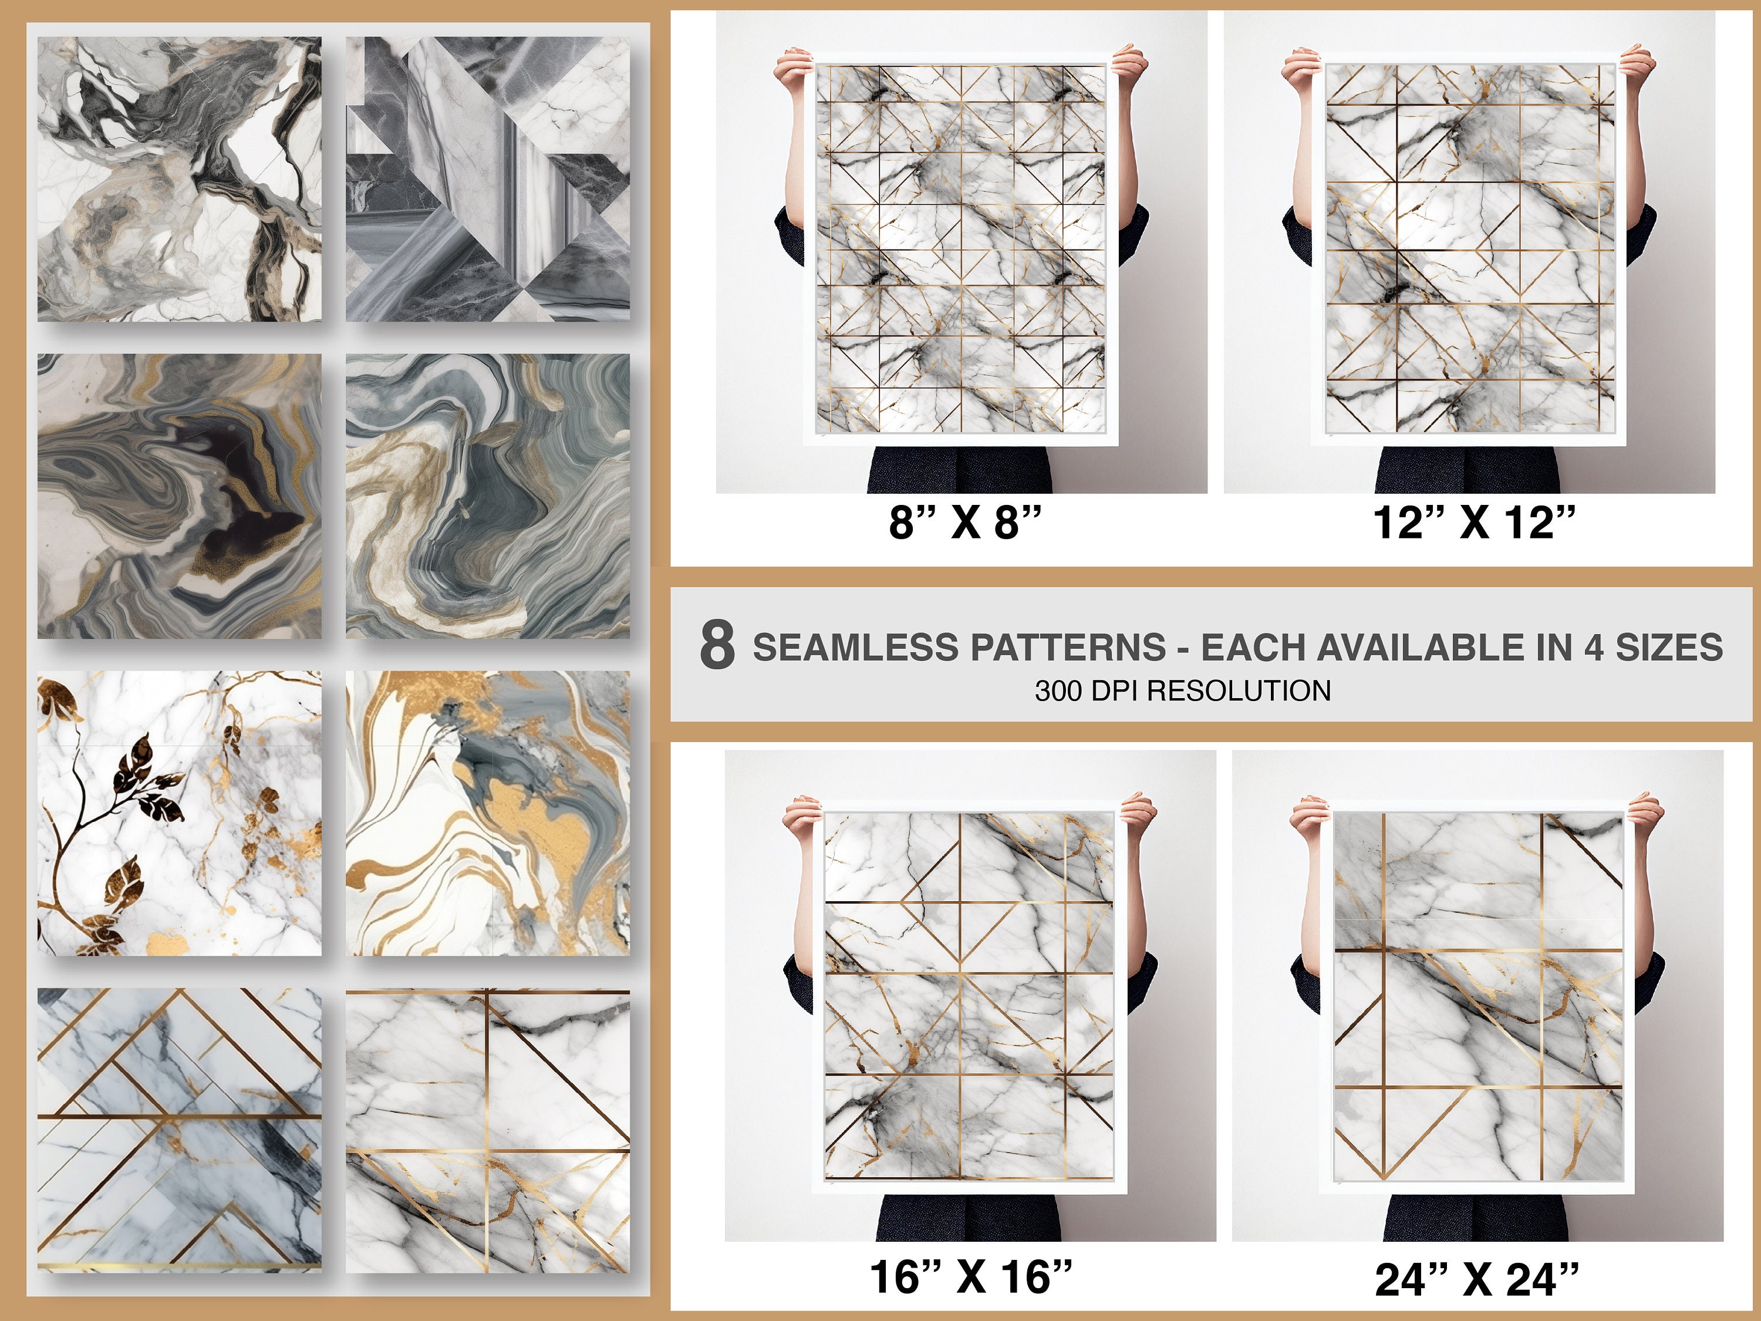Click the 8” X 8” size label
(965, 523)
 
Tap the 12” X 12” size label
(1473, 523)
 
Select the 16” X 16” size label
(970, 1277)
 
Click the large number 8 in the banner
(717, 645)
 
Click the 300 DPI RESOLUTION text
(1182, 690)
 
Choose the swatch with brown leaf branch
(180, 813)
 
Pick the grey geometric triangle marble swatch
(487, 179)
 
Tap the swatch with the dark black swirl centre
(180, 496)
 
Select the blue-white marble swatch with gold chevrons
(180, 1131)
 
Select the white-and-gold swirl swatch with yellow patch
(487, 813)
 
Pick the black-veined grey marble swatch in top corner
(180, 179)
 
